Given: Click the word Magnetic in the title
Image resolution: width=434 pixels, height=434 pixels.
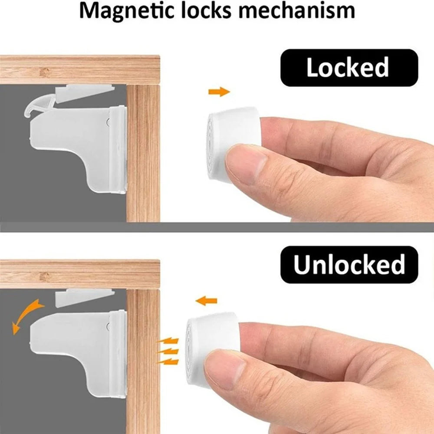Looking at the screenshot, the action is click(x=127, y=11).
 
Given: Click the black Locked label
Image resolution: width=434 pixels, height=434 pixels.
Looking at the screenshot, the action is click(x=349, y=68).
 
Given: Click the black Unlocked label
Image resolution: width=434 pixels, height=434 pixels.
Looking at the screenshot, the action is click(x=349, y=265).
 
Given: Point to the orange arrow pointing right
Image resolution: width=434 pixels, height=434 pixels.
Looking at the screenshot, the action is click(x=219, y=92).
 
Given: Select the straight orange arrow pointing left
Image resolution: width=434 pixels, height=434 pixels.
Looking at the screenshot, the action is click(x=207, y=301).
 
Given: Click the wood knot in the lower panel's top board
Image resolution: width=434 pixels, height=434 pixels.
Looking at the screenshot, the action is click(x=44, y=276).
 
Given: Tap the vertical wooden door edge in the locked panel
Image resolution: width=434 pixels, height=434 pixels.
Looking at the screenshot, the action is click(x=143, y=153).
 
